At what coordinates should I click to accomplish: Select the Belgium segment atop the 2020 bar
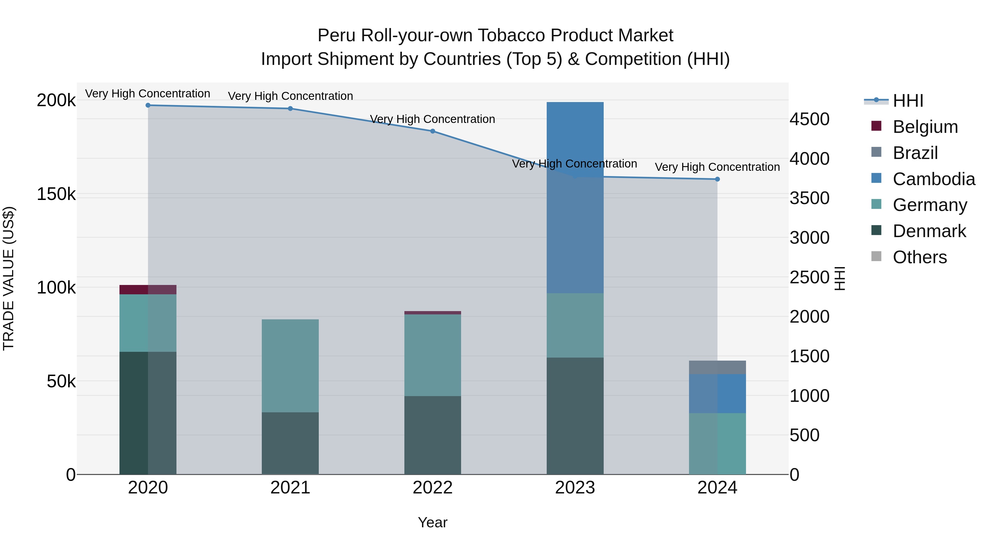point(148,289)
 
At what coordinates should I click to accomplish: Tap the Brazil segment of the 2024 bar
point(717,367)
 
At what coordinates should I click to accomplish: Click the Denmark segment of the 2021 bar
point(290,443)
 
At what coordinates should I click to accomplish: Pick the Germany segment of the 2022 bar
point(432,355)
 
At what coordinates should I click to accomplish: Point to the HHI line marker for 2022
point(432,131)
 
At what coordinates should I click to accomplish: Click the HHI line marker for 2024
point(717,179)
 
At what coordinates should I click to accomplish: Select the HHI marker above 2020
point(148,105)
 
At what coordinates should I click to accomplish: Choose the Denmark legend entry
point(929,231)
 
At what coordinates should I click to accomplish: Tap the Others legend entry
point(919,257)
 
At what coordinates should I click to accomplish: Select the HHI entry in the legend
point(908,101)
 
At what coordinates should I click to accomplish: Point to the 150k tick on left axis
point(56,194)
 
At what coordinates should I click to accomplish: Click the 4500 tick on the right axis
point(809,119)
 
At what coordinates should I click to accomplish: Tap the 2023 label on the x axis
point(575,488)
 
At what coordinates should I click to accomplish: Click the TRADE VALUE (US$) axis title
point(9,278)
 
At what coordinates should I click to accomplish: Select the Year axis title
point(432,522)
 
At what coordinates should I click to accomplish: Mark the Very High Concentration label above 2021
point(290,96)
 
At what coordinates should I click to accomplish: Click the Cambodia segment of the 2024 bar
point(717,393)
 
